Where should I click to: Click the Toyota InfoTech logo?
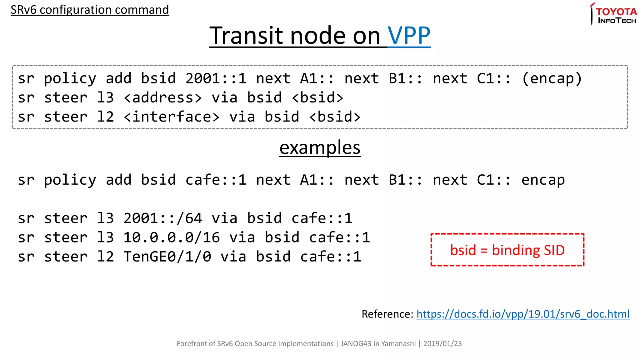pyautogui.click(x=614, y=14)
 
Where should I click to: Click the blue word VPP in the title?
pyautogui.click(x=409, y=36)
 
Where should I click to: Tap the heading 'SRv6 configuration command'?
pyautogui.click(x=90, y=10)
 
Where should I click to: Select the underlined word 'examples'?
pyautogui.click(x=320, y=148)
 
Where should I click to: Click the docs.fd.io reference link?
pyautogui.click(x=523, y=314)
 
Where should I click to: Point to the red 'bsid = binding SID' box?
pyautogui.click(x=507, y=250)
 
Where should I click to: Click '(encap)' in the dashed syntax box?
pyautogui.click(x=552, y=78)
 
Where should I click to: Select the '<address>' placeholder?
pyautogui.click(x=163, y=98)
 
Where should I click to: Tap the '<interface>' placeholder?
pyautogui.click(x=172, y=117)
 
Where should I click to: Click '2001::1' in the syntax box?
pyautogui.click(x=216, y=78)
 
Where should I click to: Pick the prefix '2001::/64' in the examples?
pyautogui.click(x=163, y=218)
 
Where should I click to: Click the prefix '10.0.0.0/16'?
pyautogui.click(x=172, y=237)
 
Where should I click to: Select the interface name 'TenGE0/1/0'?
pyautogui.click(x=167, y=257)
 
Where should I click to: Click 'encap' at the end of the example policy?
pyautogui.click(x=543, y=180)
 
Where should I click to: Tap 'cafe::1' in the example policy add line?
pyautogui.click(x=216, y=180)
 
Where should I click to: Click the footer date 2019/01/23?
pyautogui.click(x=442, y=344)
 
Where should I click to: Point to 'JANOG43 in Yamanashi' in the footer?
pyautogui.click(x=378, y=344)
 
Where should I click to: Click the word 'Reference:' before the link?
pyautogui.click(x=387, y=314)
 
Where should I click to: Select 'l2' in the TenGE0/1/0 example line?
pyautogui.click(x=105, y=257)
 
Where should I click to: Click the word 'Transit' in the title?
pyautogui.click(x=247, y=36)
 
